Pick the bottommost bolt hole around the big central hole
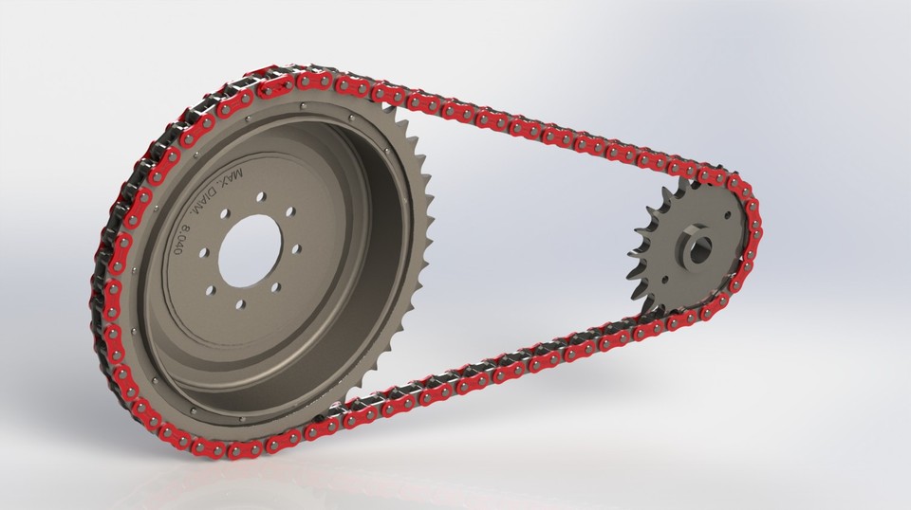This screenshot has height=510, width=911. pyautogui.click(x=240, y=304)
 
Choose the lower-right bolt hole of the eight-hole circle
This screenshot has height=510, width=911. pyautogui.click(x=276, y=286)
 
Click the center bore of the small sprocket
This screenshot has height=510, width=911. pyautogui.click(x=700, y=248)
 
